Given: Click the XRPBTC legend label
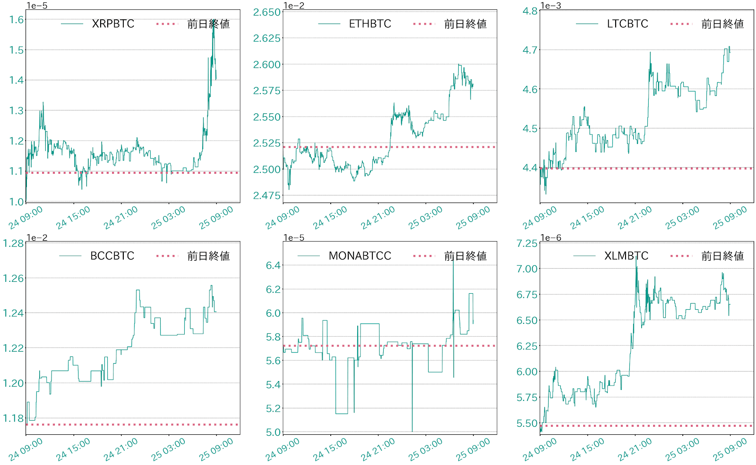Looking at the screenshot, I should click(113, 24).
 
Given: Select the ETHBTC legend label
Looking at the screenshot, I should click(370, 24).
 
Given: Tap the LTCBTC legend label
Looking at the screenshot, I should click(627, 24).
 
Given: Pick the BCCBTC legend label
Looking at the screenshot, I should click(112, 256).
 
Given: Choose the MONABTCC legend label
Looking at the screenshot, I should click(360, 256).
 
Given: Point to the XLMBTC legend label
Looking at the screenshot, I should click(626, 256).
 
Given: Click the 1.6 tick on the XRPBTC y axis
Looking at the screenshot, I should click(17, 19).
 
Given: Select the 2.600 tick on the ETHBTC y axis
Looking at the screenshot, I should click(267, 65).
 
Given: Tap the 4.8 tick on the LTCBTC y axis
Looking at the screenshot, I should click(530, 11).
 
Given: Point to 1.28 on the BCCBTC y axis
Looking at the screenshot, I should click(13, 244).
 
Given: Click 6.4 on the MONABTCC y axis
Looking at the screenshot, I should click(273, 265).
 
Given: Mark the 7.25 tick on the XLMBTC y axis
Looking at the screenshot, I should click(527, 244).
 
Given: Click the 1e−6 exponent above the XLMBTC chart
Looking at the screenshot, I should click(551, 237).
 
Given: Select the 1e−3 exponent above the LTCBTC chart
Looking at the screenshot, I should click(551, 6).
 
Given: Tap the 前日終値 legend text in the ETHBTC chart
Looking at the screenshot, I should click(465, 24).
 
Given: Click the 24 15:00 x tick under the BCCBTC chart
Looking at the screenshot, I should click(73, 449).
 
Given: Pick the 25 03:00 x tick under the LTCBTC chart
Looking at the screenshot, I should click(683, 218).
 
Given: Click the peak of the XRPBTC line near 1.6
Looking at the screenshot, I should click(214, 21).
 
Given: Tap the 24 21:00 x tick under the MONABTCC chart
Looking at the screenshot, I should click(378, 449).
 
